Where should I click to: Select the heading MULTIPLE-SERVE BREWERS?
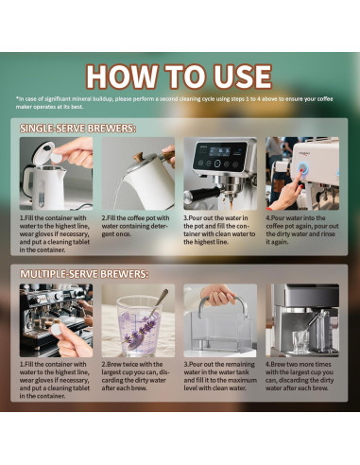[84, 274]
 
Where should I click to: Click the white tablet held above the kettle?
[58, 151]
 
